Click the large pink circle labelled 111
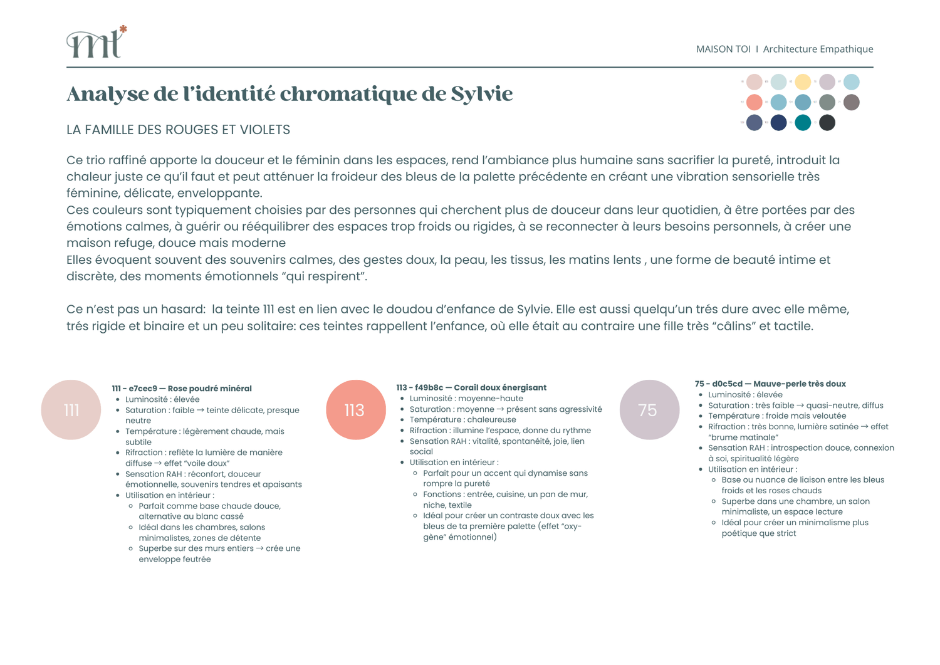[71, 410]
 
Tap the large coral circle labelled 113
[355, 410]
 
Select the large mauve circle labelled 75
[649, 410]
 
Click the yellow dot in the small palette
[803, 82]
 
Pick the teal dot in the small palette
[803, 123]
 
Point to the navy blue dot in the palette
[778, 123]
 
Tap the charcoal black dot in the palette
[827, 123]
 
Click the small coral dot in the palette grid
[755, 102]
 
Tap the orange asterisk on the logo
[123, 29]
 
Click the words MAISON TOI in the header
[723, 49]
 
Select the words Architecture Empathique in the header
[818, 49]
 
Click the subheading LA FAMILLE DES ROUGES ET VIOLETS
[178, 130]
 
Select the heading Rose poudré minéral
[209, 389]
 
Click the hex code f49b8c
[429, 387]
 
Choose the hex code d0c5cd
[727, 384]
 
